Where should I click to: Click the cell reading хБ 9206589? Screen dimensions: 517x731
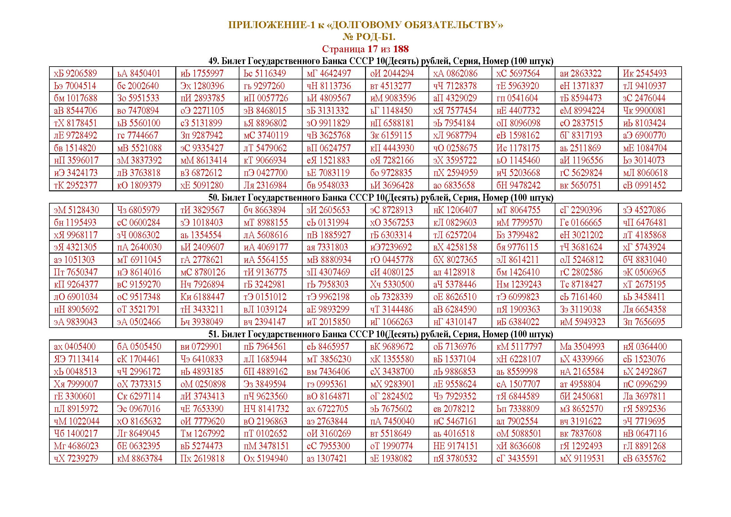pyautogui.click(x=75, y=73)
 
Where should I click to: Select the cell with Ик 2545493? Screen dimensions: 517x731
pyautogui.click(x=645, y=73)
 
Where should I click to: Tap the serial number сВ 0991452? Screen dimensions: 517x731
pyautogui.click(x=644, y=185)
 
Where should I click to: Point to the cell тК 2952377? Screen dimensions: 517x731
pyautogui.click(x=75, y=185)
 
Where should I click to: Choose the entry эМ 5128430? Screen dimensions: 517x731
pyautogui.click(x=76, y=210)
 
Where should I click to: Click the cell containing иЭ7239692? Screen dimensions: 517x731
pyautogui.click(x=391, y=247)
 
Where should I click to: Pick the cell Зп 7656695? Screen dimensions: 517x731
pyautogui.click(x=644, y=322)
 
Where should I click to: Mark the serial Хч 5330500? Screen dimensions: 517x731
pyautogui.click(x=392, y=285)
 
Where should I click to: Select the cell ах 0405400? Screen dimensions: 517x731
pyautogui.click(x=75, y=347)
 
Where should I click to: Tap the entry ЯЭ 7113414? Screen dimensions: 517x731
pyautogui.click(x=76, y=359)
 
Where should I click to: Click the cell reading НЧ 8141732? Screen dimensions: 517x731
pyautogui.click(x=266, y=409)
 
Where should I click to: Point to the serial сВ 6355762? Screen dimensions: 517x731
pyautogui.click(x=644, y=459)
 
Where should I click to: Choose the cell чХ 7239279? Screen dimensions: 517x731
pyautogui.click(x=76, y=459)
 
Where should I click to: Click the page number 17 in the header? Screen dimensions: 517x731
pyautogui.click(x=373, y=49)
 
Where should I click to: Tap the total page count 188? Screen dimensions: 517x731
pyautogui.click(x=401, y=49)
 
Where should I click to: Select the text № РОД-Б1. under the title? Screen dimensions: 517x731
pyautogui.click(x=369, y=37)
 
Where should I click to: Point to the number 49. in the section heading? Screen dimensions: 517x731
pyautogui.click(x=214, y=61)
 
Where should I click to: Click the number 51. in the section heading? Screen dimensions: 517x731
pyautogui.click(x=214, y=334)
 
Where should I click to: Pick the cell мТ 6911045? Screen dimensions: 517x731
pyautogui.click(x=139, y=260)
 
